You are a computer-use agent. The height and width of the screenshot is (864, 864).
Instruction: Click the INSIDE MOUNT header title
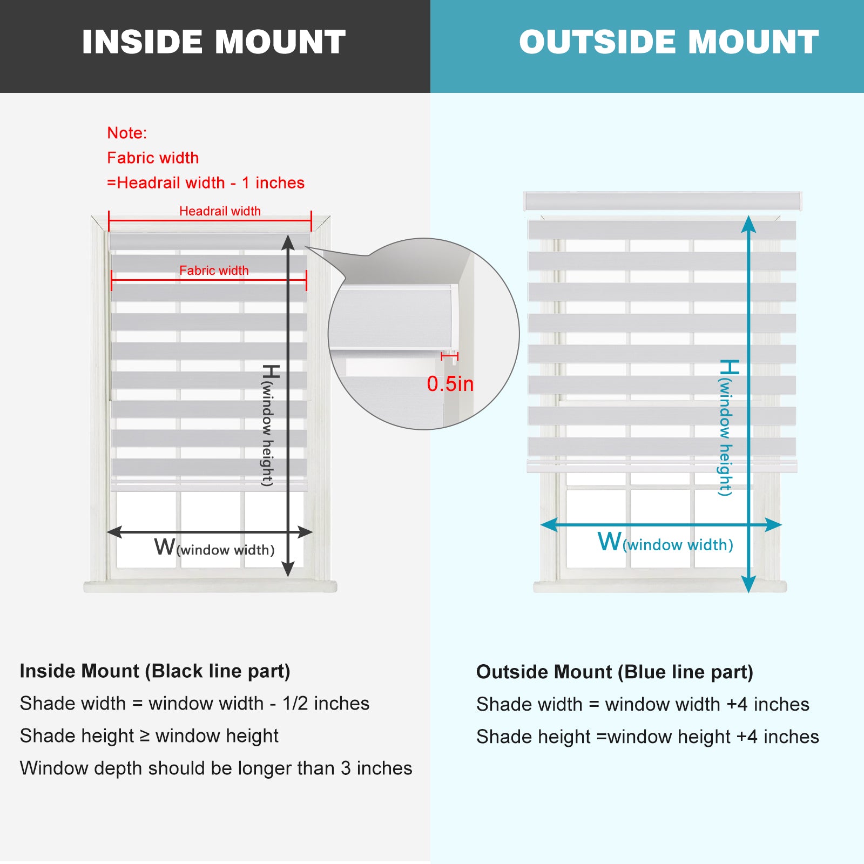pos(214,42)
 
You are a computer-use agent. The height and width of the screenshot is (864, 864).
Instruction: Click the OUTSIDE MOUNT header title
pos(669,42)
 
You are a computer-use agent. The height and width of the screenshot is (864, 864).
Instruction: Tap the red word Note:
pos(127,133)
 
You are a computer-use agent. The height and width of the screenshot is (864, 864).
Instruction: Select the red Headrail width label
pos(220,211)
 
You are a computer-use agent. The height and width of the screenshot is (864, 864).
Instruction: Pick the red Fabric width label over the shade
pos(214,271)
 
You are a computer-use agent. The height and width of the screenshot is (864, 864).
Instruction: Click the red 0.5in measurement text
pos(450,384)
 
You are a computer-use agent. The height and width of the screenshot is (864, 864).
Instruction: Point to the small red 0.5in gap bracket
pos(449,356)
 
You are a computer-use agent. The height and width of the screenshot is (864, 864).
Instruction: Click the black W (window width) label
pos(214,548)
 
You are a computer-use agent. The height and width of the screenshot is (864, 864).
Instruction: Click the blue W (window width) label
pos(665,542)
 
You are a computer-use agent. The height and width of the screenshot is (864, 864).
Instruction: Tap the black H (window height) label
pos(269,425)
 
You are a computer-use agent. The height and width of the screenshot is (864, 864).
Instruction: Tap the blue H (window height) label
pos(727,427)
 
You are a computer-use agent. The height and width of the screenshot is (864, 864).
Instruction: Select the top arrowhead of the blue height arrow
pos(748,224)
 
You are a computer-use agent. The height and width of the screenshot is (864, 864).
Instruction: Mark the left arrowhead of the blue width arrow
pos(549,524)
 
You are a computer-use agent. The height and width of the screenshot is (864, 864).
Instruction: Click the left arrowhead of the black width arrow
pos(114,532)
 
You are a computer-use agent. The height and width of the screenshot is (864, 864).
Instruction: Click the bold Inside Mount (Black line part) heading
pos(155,671)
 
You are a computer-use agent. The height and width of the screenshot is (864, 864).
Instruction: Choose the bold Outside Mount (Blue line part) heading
pos(615,672)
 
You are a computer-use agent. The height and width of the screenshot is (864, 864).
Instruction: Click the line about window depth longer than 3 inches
pos(216,768)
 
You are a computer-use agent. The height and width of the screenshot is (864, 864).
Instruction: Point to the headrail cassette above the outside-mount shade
pos(663,201)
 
